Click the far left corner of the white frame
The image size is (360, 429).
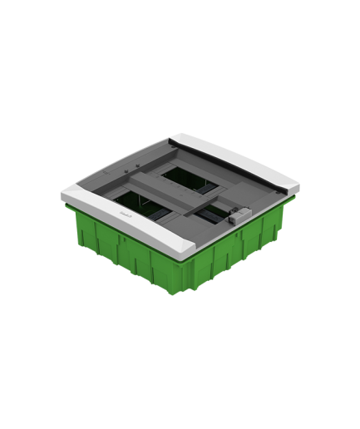pyautogui.click(x=63, y=196)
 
